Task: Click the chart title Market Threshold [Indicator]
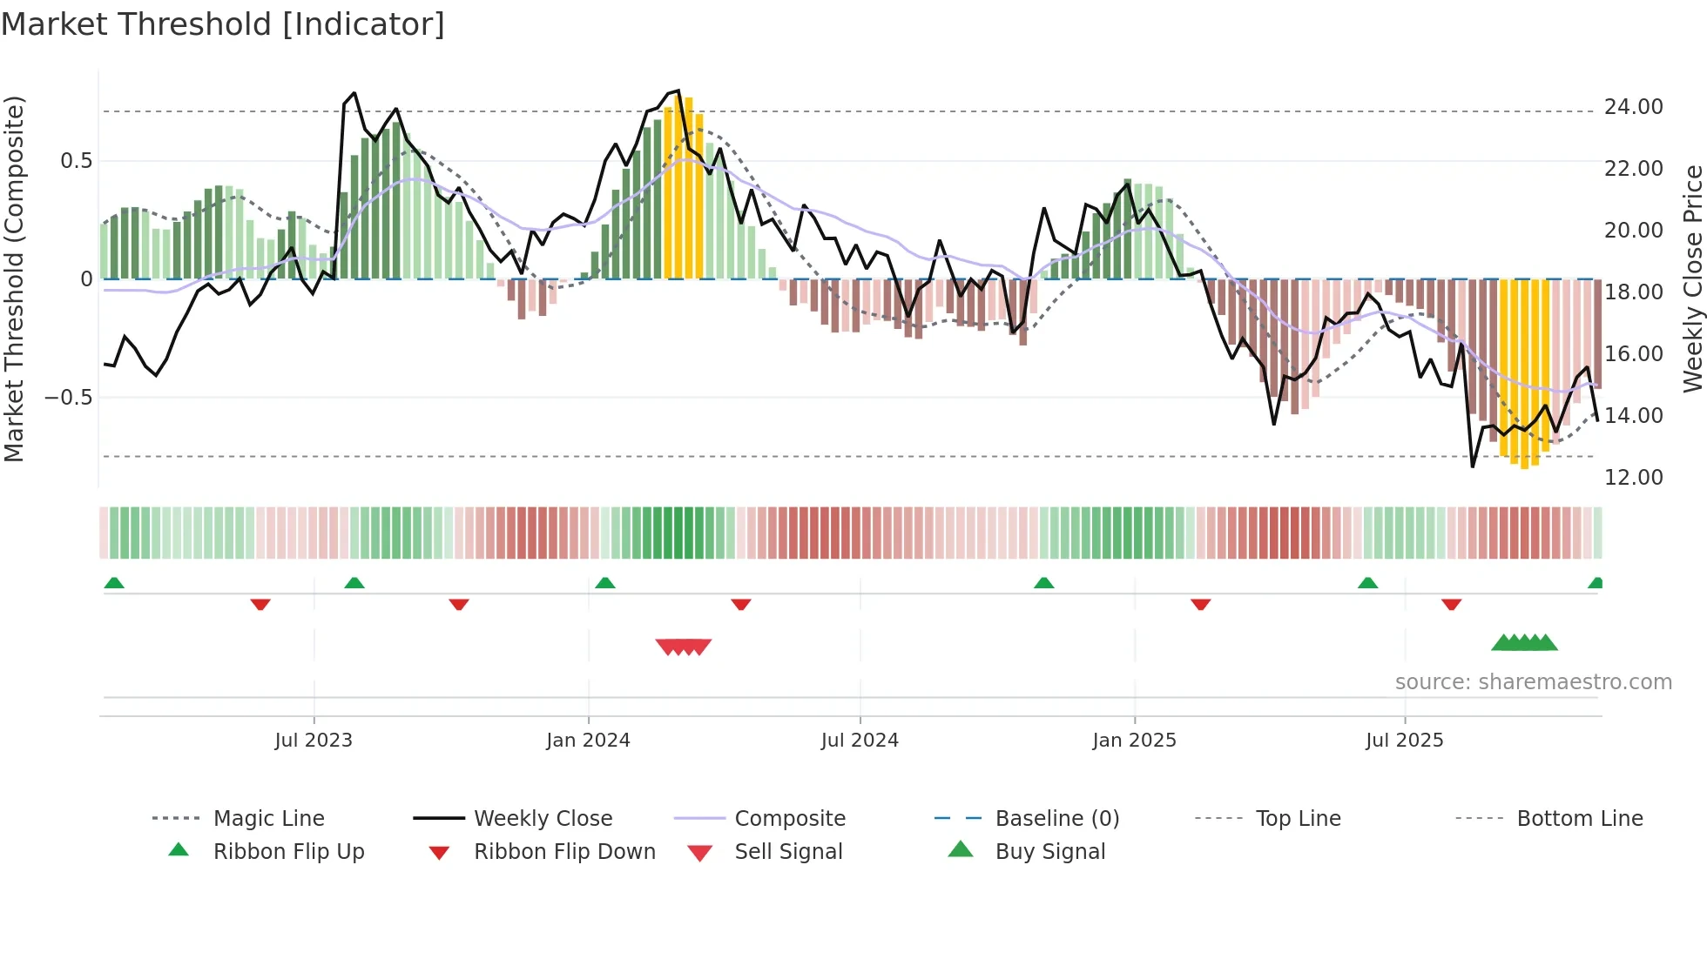(x=223, y=24)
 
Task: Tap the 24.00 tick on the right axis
(x=1633, y=107)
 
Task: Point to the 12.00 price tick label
(x=1633, y=478)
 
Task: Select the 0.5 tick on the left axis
(x=76, y=161)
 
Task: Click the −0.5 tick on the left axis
(x=68, y=398)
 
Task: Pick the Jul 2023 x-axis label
(x=314, y=741)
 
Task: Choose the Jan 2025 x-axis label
(x=1134, y=741)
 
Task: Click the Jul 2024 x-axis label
(x=860, y=741)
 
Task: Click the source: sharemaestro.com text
(x=1533, y=682)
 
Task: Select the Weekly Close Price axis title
(x=1692, y=278)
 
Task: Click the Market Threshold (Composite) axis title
(x=14, y=278)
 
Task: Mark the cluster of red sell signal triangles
(x=684, y=647)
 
